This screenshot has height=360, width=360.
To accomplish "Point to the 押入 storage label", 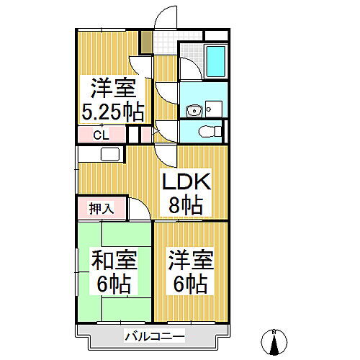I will (100, 208).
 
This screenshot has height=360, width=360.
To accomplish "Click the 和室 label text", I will (110, 258).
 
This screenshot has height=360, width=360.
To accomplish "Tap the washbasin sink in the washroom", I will (192, 109).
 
